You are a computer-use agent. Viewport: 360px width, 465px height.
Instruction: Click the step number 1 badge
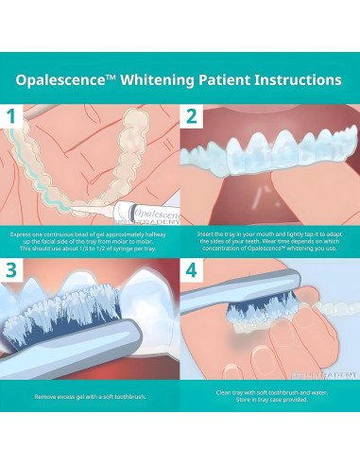(12, 118)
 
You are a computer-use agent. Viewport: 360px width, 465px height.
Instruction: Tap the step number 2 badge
(190, 118)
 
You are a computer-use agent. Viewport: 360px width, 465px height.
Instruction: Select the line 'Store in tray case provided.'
(266, 404)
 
